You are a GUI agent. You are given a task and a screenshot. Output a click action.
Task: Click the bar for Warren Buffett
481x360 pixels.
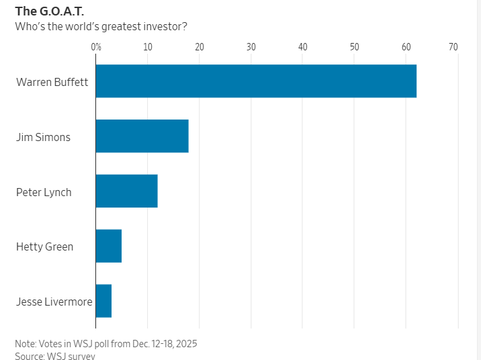(256, 81)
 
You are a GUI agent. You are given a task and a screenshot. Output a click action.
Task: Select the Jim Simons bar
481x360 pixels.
(142, 136)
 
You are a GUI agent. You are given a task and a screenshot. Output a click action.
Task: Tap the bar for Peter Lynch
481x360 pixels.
(126, 191)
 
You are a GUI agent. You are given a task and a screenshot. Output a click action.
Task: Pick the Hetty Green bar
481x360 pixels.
(109, 246)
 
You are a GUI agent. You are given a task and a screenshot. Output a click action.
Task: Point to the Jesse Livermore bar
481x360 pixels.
(103, 301)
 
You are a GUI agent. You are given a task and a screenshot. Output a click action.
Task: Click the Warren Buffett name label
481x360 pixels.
(52, 82)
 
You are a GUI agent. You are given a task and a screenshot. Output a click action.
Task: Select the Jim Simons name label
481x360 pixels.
(43, 137)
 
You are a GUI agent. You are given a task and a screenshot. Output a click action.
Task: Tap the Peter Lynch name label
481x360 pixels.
(44, 192)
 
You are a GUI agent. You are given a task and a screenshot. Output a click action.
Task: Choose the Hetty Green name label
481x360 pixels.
(45, 246)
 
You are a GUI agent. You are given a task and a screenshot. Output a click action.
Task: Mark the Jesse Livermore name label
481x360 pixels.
(54, 302)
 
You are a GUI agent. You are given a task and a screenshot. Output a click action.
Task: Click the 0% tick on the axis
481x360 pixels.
(95, 47)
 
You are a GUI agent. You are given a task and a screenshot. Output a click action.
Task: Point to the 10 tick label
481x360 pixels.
(147, 47)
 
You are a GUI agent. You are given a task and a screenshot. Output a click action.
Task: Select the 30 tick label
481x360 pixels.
(251, 47)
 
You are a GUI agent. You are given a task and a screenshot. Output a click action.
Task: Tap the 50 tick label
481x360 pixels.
(354, 47)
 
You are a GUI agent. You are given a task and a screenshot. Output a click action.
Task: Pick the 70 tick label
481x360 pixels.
(453, 47)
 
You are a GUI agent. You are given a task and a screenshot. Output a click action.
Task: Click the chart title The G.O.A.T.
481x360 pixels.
(50, 11)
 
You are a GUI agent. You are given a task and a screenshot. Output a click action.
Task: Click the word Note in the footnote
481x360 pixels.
(26, 343)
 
